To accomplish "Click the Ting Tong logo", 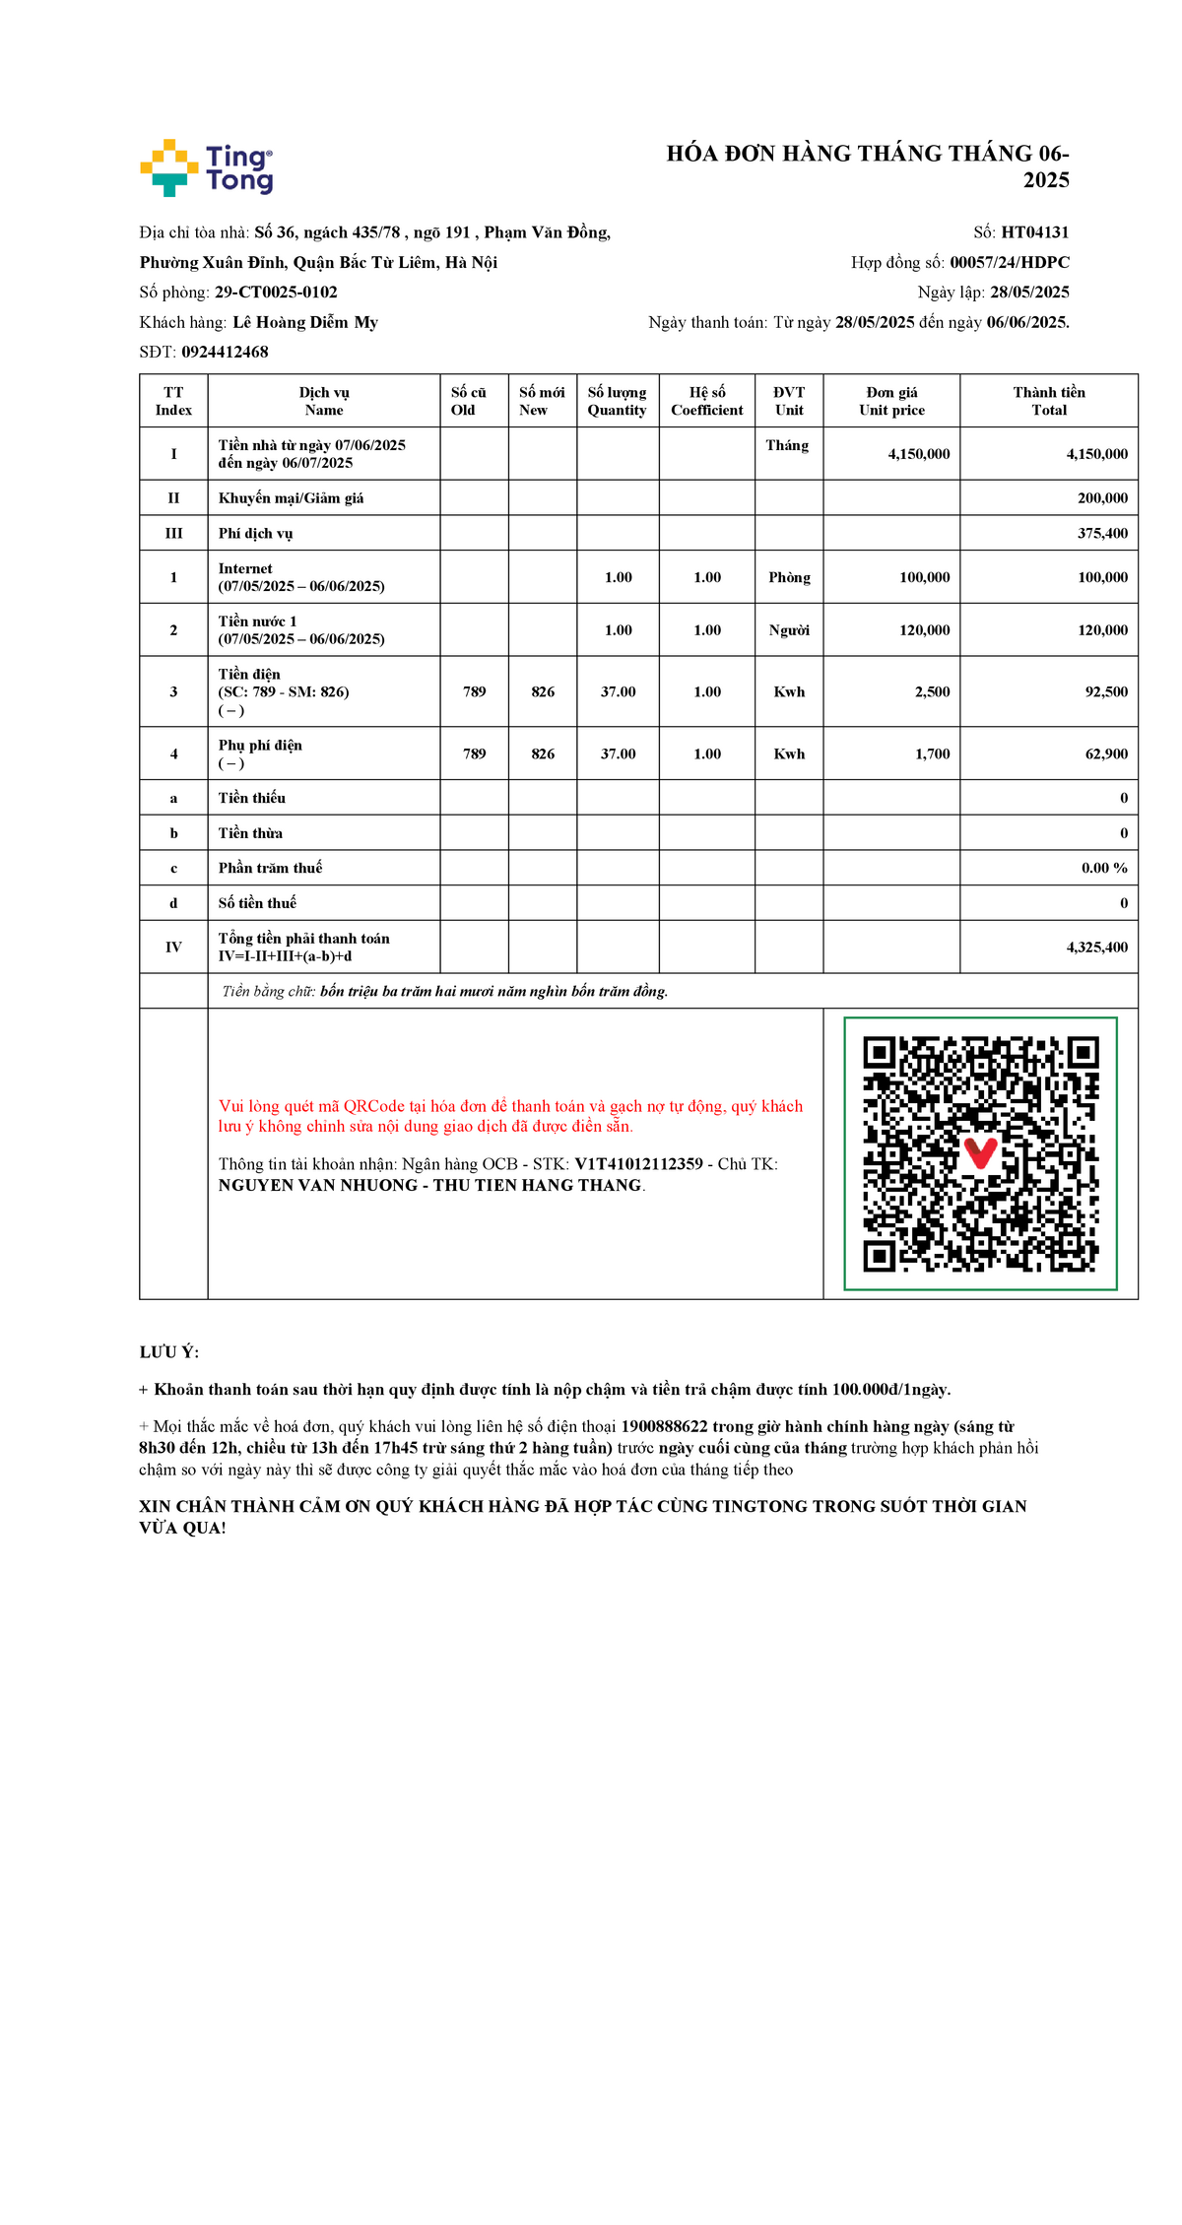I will (x=207, y=167).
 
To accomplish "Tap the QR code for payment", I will (x=980, y=1153).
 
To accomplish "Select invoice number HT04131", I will (x=1034, y=232).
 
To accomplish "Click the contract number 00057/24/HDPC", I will (x=1009, y=262).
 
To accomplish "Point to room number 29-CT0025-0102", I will (x=276, y=293).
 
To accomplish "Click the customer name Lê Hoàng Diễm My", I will (x=305, y=322).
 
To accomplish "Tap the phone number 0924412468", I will (x=225, y=352).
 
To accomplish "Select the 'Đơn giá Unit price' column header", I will (x=891, y=401).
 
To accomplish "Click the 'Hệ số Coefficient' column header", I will (x=706, y=401).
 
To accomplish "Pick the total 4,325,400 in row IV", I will (x=1096, y=948).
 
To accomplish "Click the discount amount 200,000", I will (x=1102, y=498).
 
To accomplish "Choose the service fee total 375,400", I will (x=1102, y=534).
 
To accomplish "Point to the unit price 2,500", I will (x=932, y=692).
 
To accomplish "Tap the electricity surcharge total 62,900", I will (x=1106, y=754).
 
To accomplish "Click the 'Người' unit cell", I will (x=789, y=630).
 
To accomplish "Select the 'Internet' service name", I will (x=245, y=569).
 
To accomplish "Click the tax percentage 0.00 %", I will (x=1104, y=868).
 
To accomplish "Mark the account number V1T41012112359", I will (x=638, y=1164).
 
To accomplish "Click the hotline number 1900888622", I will (x=664, y=1426).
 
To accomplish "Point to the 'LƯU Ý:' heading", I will (x=169, y=1352).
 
